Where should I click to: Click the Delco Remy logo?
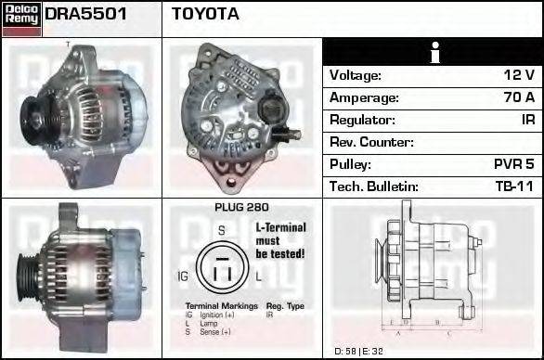[x=21, y=18]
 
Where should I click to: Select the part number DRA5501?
[x=85, y=15]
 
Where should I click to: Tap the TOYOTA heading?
[x=205, y=15]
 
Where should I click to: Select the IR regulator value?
[x=526, y=121]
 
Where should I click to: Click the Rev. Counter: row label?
[x=371, y=143]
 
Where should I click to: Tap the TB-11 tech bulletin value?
[x=516, y=186]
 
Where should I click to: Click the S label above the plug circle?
[x=221, y=230]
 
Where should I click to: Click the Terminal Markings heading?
[x=215, y=305]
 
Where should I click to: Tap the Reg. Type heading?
[x=285, y=305]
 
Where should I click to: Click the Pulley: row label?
[x=353, y=164]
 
